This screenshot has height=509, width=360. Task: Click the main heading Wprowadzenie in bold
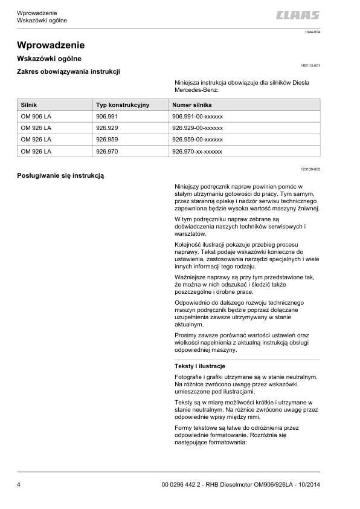[51, 45]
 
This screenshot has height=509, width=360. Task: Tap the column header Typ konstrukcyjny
[123, 105]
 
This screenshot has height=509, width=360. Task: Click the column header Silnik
[29, 105]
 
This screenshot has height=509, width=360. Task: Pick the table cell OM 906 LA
[36, 116]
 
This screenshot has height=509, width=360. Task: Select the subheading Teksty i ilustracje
[199, 367]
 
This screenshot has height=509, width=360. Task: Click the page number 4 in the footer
[19, 484]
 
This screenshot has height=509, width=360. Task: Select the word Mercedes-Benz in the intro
[196, 91]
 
